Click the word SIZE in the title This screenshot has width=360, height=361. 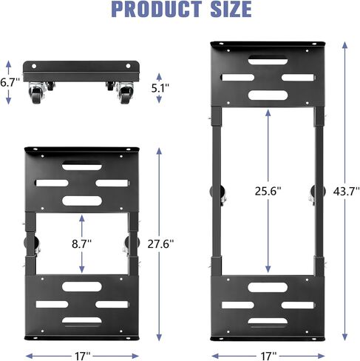point(225,10)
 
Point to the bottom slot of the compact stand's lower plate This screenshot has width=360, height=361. point(82,320)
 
